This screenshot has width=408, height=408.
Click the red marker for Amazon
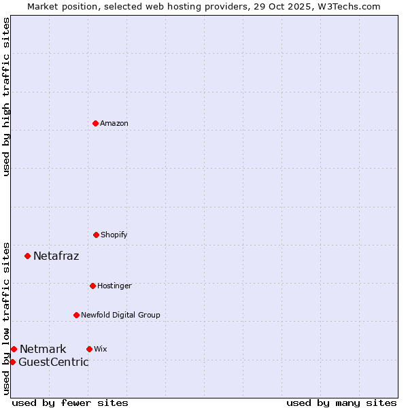pyautogui.click(x=95, y=123)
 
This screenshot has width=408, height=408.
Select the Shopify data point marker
pyautogui.click(x=96, y=235)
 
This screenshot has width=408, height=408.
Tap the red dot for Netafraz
pyautogui.click(x=27, y=256)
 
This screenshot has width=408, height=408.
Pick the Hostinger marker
pyautogui.click(x=92, y=286)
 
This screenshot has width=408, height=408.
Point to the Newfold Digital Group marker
pyautogui.click(x=76, y=315)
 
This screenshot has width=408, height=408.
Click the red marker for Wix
pyautogui.click(x=89, y=349)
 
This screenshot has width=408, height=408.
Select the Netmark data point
pyautogui.click(x=14, y=349)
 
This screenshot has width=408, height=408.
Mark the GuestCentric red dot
pyautogui.click(x=12, y=362)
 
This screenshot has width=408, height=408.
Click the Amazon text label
pyautogui.click(x=114, y=123)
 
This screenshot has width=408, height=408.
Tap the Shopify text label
pyautogui.click(x=114, y=235)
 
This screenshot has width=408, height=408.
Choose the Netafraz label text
pyautogui.click(x=56, y=256)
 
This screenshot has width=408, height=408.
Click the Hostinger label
pyautogui.click(x=114, y=286)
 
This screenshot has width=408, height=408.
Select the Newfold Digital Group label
pyautogui.click(x=120, y=315)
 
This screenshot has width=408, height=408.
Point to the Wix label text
pyautogui.click(x=101, y=349)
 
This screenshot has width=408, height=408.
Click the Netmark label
pyautogui.click(x=43, y=349)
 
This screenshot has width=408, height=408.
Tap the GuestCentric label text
pyautogui.click(x=53, y=362)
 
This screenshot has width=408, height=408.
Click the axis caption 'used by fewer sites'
pyautogui.click(x=70, y=403)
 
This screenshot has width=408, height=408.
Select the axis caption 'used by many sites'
pyautogui.click(x=341, y=403)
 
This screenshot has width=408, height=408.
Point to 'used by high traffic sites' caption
pyautogui.click(x=6, y=97)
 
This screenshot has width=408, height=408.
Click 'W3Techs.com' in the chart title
pyautogui.click(x=347, y=6)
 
